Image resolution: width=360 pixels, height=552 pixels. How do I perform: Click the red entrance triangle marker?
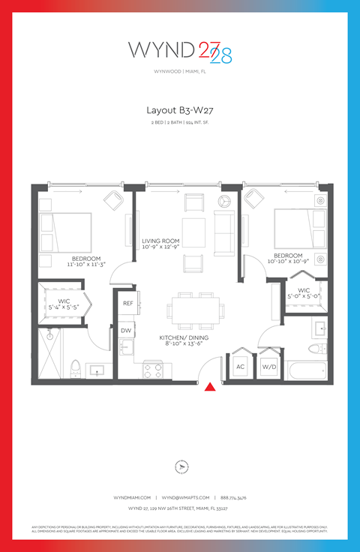point(211,386)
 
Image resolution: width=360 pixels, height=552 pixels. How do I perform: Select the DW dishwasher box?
point(126,330)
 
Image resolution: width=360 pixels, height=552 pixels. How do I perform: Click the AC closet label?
point(241,367)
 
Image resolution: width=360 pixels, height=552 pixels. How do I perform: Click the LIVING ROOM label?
point(160,241)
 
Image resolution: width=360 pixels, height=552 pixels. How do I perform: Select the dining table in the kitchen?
point(196,307)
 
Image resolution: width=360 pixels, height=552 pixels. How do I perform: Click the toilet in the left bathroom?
point(75,367)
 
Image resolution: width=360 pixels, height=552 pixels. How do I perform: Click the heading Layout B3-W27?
point(180,109)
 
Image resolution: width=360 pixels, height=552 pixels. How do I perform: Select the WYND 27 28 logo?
point(180,51)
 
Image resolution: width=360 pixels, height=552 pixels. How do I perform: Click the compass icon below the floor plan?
point(180,466)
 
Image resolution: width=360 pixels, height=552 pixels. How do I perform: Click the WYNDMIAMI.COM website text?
point(133,497)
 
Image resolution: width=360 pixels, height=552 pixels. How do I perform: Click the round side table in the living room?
point(223,201)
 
